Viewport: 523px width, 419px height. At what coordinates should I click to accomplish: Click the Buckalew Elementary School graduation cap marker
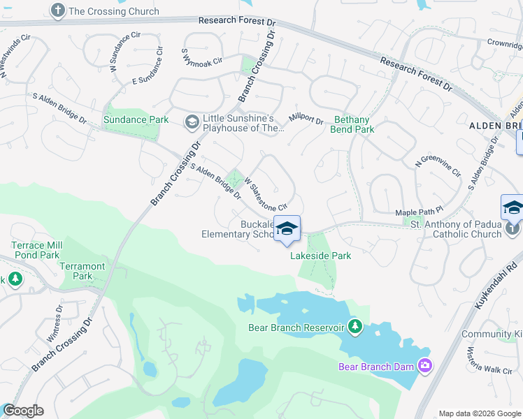[x=287, y=228]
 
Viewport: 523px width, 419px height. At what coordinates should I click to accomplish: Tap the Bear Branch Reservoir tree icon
[x=355, y=327]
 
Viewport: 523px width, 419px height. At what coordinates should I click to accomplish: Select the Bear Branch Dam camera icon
[x=424, y=365]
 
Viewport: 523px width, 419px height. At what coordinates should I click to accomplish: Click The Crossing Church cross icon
[x=57, y=10]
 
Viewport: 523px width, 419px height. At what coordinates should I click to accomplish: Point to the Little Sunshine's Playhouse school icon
[x=191, y=122]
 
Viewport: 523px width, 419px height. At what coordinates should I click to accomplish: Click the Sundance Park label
[x=136, y=119]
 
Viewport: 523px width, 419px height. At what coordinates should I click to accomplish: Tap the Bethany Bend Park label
[x=354, y=124]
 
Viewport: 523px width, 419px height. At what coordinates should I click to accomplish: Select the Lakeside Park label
[x=321, y=256]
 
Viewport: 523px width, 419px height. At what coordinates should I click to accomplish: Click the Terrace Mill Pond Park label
[x=36, y=250]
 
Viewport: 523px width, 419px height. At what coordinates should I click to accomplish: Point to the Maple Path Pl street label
[x=420, y=209]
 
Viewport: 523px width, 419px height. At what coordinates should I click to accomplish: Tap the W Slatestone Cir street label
[x=266, y=194]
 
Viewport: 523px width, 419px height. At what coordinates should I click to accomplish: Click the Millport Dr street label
[x=306, y=121]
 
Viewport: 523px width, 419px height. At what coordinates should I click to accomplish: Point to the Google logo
[x=23, y=411]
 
